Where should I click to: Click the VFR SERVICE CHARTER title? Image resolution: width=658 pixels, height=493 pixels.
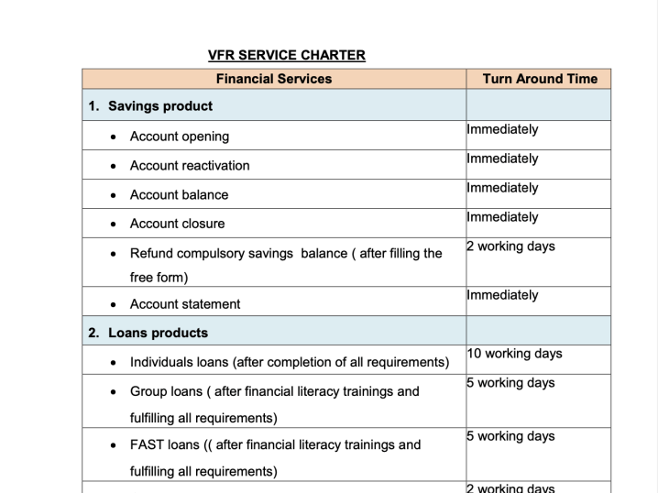click(287, 55)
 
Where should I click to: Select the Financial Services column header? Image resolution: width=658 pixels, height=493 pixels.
click(274, 79)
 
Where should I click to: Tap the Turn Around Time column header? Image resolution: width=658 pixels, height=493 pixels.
click(540, 79)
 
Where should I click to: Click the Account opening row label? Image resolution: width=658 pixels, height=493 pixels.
click(180, 137)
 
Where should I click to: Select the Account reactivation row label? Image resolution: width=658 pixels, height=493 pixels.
click(190, 166)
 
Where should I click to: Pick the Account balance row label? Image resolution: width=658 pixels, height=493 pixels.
click(179, 195)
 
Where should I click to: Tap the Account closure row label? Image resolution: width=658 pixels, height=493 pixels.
click(177, 224)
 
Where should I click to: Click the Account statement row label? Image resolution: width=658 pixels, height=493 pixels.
click(185, 304)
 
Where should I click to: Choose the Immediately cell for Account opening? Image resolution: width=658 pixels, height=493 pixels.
click(502, 129)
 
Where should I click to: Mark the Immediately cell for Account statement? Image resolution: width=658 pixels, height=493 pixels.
click(502, 295)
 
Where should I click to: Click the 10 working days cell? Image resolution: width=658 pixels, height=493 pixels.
click(514, 354)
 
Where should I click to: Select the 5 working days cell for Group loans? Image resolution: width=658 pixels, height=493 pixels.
click(510, 383)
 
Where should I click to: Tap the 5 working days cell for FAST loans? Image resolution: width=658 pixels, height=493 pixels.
click(510, 436)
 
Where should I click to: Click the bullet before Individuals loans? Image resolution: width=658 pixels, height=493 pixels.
click(113, 363)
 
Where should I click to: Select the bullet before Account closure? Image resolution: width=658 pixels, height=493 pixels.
click(113, 225)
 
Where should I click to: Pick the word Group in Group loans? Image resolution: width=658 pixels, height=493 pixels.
click(148, 391)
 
